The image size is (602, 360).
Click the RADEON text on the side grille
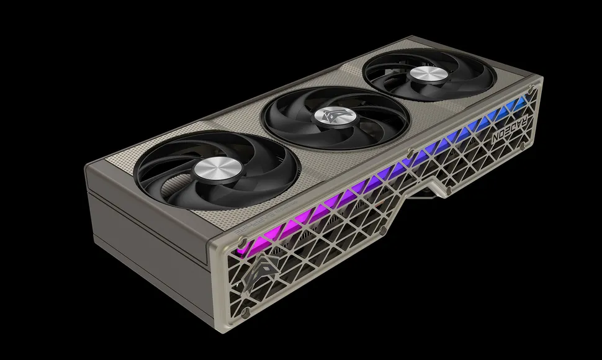point(507,131)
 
